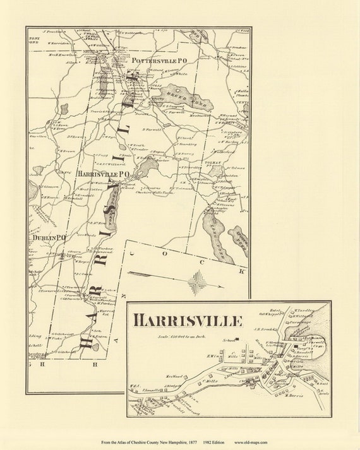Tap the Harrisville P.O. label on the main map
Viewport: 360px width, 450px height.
pos(104,173)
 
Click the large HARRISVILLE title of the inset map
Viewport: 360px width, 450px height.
pos(188,321)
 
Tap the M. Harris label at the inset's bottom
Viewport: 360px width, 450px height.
pos(294,396)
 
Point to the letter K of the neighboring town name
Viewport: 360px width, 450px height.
pos(241,271)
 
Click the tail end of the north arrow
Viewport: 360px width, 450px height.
pos(129,273)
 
